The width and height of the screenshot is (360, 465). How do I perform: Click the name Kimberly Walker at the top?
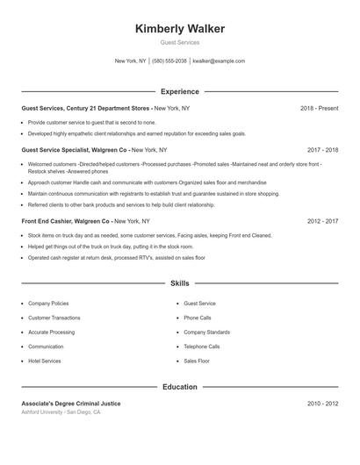pos(179,29)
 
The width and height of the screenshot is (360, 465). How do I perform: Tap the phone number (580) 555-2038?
pos(169,61)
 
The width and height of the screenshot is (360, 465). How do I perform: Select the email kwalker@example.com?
pos(219,61)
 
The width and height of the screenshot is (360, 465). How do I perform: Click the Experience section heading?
pos(179,91)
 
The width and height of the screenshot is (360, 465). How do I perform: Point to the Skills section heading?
pos(179,284)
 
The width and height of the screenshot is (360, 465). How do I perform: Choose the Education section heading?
pos(179,387)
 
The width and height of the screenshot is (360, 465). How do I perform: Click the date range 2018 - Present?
pos(319,108)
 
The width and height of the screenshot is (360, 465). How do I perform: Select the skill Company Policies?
pos(48,304)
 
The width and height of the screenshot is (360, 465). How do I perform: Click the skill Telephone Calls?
pos(202,347)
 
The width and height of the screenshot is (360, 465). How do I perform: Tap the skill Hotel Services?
pos(45,361)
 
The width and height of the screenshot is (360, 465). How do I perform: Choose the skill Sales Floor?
pos(197,361)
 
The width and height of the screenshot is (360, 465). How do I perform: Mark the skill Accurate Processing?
pos(51,333)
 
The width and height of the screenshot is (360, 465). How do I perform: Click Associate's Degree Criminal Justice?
pos(71,404)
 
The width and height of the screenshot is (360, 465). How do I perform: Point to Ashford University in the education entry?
pos(44,411)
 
